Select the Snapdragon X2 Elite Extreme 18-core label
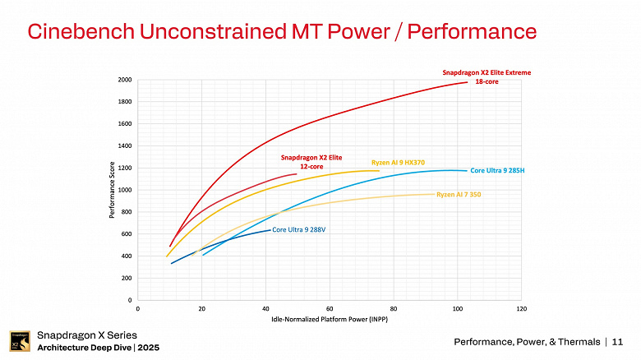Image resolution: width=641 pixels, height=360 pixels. tap(487, 77)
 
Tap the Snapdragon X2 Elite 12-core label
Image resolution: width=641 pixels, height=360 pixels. tap(311, 161)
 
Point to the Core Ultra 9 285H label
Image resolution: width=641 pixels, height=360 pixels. tap(496, 170)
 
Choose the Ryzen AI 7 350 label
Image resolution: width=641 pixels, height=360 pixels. tap(459, 194)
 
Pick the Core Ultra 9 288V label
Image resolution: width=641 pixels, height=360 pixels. tap(299, 229)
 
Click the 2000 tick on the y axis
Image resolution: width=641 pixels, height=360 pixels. tap(123, 80)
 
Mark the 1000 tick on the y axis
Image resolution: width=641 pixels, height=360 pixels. tap(123, 190)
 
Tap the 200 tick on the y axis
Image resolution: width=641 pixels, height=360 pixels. tap(125, 278)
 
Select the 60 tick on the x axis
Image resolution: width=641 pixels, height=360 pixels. tap(330, 308)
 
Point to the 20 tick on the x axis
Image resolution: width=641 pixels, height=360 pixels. tap(201, 308)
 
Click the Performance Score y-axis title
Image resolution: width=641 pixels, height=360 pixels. tap(111, 190)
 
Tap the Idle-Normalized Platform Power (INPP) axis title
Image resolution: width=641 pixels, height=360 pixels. tap(329, 319)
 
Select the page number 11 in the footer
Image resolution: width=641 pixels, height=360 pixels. tap(617, 341)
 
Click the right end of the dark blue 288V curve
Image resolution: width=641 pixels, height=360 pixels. tap(270, 229)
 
